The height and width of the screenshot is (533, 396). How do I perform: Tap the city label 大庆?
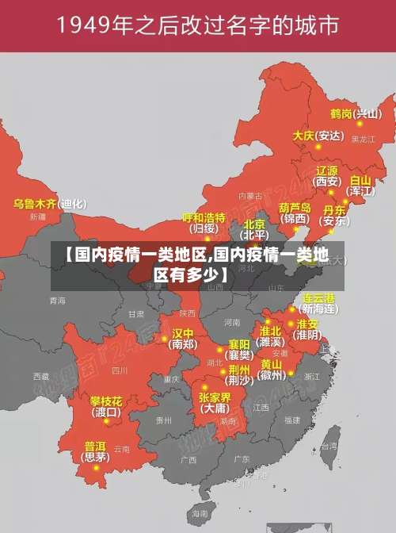303,136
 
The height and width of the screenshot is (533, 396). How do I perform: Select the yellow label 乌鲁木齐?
35,204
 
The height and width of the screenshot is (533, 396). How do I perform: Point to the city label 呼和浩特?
204,217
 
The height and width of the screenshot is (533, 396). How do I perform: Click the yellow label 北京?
254,224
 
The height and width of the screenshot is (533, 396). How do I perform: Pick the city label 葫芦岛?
295,207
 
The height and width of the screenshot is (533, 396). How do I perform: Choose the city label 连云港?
319,297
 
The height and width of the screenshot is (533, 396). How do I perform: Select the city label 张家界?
215,397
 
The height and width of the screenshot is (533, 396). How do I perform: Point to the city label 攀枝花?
105,401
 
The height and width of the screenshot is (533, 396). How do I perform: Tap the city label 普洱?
95,446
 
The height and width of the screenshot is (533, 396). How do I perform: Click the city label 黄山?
271,364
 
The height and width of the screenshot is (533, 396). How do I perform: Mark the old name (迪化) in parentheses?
74,204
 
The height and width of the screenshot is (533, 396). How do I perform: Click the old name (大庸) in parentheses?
215,408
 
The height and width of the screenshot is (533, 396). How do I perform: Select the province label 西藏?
40,375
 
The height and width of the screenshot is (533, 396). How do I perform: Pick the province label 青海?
57,301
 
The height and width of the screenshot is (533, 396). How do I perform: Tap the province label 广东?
242,458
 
